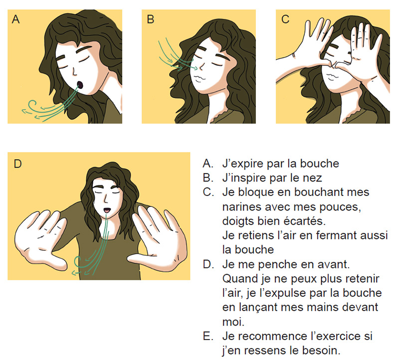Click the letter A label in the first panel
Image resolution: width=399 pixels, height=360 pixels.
pos(16,19)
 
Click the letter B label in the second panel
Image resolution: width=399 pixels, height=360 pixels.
pos(151,19)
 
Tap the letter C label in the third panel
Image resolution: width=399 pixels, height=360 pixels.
pos(285,19)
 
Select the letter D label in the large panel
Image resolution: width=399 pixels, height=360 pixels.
pos(17,164)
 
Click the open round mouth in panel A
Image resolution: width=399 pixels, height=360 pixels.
pos(80,85)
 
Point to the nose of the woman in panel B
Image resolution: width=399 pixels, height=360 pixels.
pos(201,66)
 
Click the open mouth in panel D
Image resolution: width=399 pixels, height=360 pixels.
pos(107,210)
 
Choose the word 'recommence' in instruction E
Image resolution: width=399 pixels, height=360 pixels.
pos(273,337)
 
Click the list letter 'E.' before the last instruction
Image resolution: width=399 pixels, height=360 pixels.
pos(208,337)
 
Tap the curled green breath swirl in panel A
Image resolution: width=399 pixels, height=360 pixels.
pos(32,105)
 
